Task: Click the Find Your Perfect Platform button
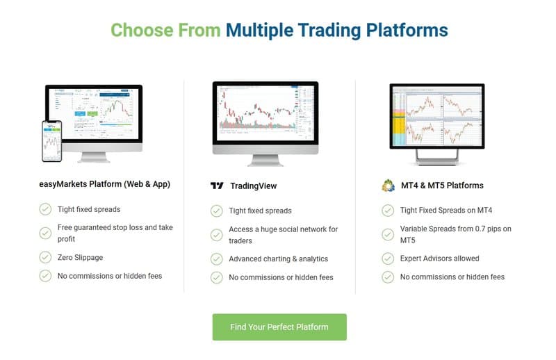(279, 327)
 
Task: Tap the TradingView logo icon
(218, 186)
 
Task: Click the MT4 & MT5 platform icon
(389, 186)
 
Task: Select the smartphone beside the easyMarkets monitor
(51, 140)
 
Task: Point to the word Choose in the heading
(140, 30)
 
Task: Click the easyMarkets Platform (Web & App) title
(105, 185)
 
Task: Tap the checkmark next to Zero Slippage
(45, 257)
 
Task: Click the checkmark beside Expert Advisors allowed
(388, 259)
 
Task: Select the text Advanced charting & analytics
(278, 259)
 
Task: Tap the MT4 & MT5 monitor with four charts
(436, 115)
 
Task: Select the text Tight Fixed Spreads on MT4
(445, 211)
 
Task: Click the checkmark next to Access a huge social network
(217, 234)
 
